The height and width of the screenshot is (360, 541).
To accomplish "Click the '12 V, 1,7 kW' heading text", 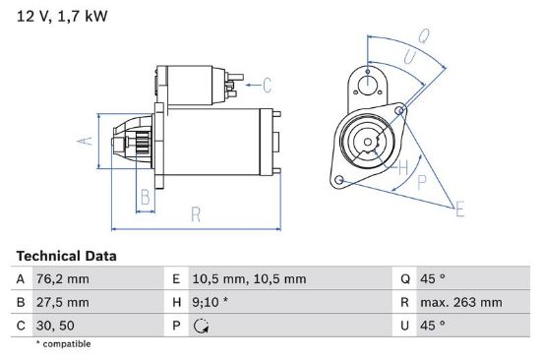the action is tap(62, 16).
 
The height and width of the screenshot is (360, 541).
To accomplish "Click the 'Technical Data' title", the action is tap(66, 256).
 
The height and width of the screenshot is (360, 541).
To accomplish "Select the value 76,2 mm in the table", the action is tap(62, 279).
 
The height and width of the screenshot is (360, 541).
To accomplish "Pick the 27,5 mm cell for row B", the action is tap(62, 302).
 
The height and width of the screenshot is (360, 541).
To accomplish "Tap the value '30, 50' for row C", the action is tap(55, 326).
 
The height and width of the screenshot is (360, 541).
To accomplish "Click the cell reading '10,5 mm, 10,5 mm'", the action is tap(249, 279).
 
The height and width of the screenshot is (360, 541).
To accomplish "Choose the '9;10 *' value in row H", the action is tap(210, 302).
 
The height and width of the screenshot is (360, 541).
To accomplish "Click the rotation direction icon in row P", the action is tap(201, 326).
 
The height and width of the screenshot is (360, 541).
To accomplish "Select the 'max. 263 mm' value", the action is tap(461, 302).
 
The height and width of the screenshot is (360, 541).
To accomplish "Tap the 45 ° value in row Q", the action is tap(433, 279).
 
